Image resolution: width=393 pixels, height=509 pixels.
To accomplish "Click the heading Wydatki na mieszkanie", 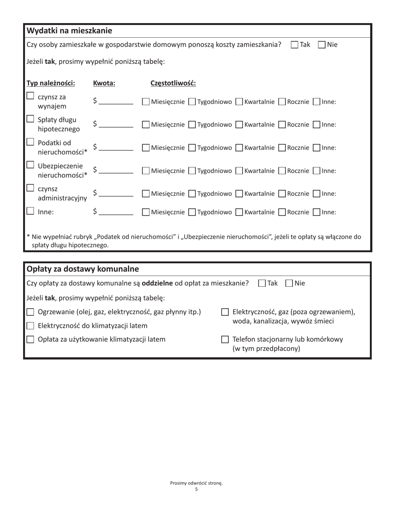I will [x=69, y=31].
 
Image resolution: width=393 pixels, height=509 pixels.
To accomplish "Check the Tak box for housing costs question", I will [x=295, y=45].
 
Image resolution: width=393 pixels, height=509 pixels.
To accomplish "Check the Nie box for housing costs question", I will [x=322, y=45].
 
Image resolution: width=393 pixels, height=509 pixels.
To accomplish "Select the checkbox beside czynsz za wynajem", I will [x=30, y=96].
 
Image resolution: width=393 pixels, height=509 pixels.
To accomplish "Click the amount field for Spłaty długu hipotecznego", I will [x=116, y=124].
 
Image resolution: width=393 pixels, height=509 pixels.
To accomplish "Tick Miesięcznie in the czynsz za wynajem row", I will [x=146, y=102].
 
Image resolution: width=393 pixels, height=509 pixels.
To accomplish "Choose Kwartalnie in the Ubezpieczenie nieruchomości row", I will [x=239, y=170].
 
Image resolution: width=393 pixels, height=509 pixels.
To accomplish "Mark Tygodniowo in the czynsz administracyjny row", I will [x=192, y=194].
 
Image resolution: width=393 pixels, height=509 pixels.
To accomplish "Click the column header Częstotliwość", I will [x=173, y=83].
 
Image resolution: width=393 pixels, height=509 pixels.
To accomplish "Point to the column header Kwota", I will [x=104, y=83].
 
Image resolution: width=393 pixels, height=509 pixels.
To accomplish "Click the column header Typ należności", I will [x=51, y=83].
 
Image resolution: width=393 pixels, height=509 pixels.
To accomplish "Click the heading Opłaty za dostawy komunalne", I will [x=83, y=269].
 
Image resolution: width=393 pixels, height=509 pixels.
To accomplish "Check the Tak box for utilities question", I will [x=262, y=283].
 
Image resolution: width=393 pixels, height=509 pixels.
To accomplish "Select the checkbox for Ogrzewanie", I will [x=30, y=312].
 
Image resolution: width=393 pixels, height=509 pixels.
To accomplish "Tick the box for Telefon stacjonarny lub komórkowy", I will [x=225, y=340].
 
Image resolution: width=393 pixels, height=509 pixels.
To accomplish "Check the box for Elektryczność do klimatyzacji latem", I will [x=30, y=326].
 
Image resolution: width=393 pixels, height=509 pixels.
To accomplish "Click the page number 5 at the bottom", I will [x=196, y=490].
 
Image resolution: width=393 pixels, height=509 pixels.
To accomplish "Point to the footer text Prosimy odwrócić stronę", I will [x=196, y=483].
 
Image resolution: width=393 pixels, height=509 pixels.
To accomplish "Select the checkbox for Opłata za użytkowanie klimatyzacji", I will [x=30, y=340].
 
